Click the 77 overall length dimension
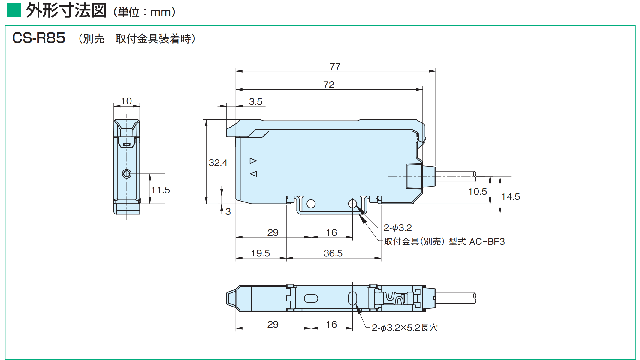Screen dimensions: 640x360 [x=335, y=66]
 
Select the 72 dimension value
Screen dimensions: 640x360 [x=329, y=85]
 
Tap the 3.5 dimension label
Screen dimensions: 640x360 [x=256, y=101]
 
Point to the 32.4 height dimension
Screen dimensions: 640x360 [x=218, y=163]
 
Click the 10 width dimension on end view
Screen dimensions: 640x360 [x=126, y=101]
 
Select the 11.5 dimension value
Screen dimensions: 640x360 [x=161, y=190]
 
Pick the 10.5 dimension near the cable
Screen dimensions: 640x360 [x=478, y=191]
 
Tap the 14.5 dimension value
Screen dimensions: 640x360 [x=511, y=196]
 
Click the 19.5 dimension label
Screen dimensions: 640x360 [x=261, y=253]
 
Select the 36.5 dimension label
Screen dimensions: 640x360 [x=333, y=253]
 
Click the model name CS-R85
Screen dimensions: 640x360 [x=39, y=38]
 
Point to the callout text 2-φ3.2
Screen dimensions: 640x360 [x=398, y=228]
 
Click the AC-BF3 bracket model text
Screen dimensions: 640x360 [x=487, y=241]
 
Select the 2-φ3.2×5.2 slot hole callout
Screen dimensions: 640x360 [x=404, y=328]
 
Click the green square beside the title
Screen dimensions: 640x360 [x=14, y=10]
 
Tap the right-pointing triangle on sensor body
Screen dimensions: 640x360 [x=253, y=161]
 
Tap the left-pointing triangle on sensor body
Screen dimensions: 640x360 [x=253, y=174]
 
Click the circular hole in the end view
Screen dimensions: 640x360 [x=127, y=174]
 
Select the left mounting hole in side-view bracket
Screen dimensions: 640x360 [x=311, y=204]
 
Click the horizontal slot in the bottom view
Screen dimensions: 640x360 [x=311, y=298]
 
